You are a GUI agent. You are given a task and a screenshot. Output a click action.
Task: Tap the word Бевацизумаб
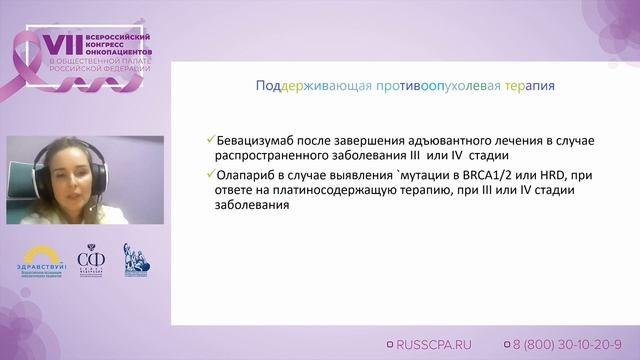[257, 141]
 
